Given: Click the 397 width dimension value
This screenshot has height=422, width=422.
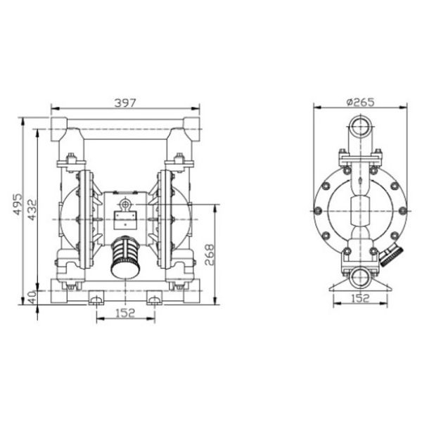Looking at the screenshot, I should pos(125,103).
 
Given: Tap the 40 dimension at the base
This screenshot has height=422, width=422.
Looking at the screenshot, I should pos(30,296).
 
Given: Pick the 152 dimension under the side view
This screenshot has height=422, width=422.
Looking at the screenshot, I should pos(359,300).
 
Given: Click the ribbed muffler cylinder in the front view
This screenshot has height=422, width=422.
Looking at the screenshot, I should pos(126,257).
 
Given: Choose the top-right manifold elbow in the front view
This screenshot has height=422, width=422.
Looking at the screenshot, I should pos(191,130).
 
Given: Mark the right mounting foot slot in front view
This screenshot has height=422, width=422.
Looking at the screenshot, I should pos(153,300).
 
